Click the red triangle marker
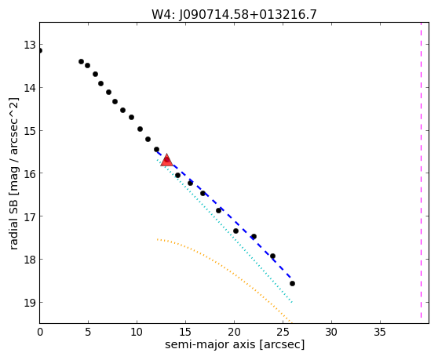pyautogui.click(x=166, y=160)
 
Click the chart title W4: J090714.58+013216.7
pyautogui.click(x=234, y=14)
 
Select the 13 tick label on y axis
pyautogui.click(x=29, y=45)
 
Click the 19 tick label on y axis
pyautogui.click(x=29, y=303)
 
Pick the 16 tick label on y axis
pyautogui.click(x=29, y=173)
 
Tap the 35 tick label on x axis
pyautogui.click(x=380, y=332)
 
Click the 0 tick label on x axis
pyautogui.click(x=40, y=332)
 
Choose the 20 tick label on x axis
pyautogui.click(x=234, y=332)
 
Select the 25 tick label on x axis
pyautogui.click(x=283, y=332)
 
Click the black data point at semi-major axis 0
pyautogui.click(x=40, y=50)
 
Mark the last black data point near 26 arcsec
pyautogui.click(x=292, y=284)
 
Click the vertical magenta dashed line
pyautogui.click(x=421, y=170)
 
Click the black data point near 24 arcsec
pyautogui.click(x=272, y=256)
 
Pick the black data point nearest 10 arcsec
pyautogui.click(x=140, y=129)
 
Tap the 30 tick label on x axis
pyautogui.click(x=331, y=332)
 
